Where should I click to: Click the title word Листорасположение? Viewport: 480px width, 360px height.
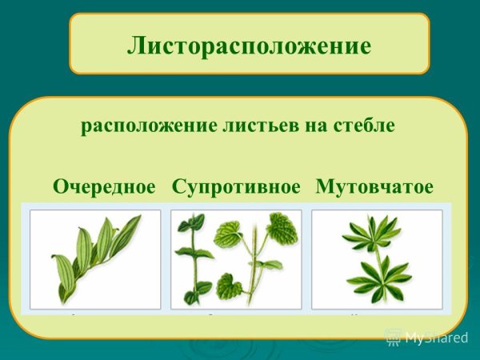(249, 46)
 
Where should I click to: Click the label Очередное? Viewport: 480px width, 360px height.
(104, 187)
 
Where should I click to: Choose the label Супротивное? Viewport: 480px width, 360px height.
(236, 187)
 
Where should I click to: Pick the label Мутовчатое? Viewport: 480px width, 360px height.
(374, 187)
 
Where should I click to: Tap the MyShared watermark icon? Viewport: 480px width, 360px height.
(394, 337)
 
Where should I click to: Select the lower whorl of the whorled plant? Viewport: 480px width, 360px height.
(378, 276)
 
